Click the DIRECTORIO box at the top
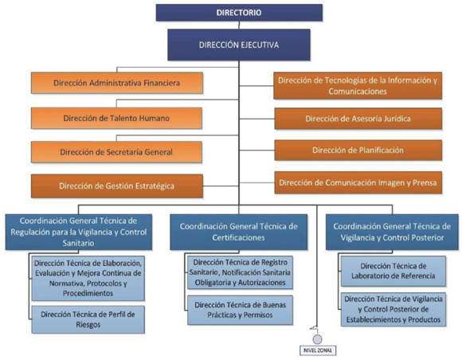(x=239, y=13)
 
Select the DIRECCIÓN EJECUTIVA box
(x=239, y=45)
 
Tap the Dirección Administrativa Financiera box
(x=116, y=83)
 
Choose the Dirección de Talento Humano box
(x=116, y=118)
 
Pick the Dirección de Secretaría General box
(x=116, y=152)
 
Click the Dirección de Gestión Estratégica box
(x=116, y=186)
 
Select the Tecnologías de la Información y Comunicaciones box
(x=358, y=86)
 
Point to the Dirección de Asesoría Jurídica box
(x=358, y=119)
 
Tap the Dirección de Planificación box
(x=358, y=151)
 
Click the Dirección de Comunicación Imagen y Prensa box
(x=358, y=182)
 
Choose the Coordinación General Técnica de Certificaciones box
(x=239, y=232)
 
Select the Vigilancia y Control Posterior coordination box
(x=392, y=232)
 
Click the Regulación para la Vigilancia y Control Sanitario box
(x=79, y=232)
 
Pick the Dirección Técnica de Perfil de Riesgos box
(x=88, y=319)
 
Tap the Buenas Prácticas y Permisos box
(x=240, y=310)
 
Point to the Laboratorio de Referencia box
(x=393, y=271)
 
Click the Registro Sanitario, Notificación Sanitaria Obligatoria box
(x=240, y=272)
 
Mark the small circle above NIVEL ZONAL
(x=317, y=339)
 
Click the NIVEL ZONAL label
(x=318, y=350)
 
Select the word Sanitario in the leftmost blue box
(x=78, y=244)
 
